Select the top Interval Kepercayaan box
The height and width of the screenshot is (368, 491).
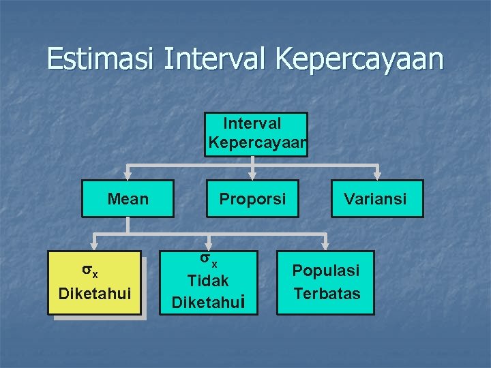tap(256, 134)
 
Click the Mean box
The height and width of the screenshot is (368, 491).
tap(128, 198)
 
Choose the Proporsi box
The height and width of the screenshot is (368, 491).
tap(252, 198)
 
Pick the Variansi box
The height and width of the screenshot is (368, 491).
tap(377, 198)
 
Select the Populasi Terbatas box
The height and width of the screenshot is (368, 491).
tap(325, 283)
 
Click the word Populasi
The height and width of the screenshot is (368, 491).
tap(326, 271)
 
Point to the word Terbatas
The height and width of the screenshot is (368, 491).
tap(327, 294)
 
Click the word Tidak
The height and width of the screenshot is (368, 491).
tap(209, 280)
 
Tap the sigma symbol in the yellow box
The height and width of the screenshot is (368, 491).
tap(89, 271)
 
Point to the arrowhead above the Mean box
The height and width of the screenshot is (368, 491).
tap(128, 174)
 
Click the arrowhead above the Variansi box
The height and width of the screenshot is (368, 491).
tap(378, 174)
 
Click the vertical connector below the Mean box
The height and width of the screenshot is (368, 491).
tap(128, 226)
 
